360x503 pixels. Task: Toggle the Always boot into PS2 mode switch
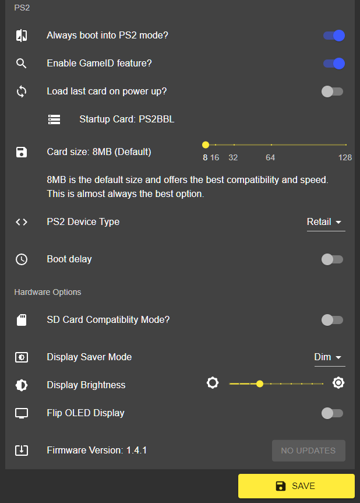[334, 36]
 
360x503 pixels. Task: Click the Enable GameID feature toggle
[334, 64]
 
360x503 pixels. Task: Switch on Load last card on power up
[333, 92]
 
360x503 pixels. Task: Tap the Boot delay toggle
[333, 259]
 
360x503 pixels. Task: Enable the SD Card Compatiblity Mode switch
[333, 320]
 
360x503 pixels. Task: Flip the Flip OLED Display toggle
[333, 413]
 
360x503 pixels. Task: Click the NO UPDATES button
[308, 451]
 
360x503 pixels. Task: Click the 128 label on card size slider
[345, 157]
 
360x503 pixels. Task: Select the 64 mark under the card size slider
[270, 157]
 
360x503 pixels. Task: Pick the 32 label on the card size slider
[233, 157]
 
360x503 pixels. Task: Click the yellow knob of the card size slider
[206, 145]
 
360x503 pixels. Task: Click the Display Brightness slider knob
[260, 384]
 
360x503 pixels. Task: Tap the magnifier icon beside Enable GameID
[22, 64]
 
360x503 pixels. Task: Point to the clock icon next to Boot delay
[22, 259]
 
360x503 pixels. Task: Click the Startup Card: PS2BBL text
[126, 119]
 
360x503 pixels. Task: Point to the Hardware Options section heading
[48, 292]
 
